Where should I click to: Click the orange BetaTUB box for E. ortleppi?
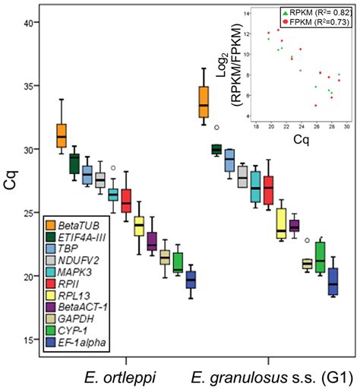pyautogui.click(x=62, y=135)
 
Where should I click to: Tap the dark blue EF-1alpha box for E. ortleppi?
pyautogui.click(x=191, y=279)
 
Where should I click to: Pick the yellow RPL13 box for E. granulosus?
pyautogui.click(x=281, y=223)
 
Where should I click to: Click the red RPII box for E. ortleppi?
pyautogui.click(x=126, y=201)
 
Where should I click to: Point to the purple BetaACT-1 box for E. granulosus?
pyautogui.click(x=294, y=226)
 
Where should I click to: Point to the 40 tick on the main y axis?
pyautogui.click(x=29, y=24)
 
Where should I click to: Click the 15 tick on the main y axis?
pyautogui.click(x=29, y=340)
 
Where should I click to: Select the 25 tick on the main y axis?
pyautogui.click(x=29, y=214)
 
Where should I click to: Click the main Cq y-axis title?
pyautogui.click(x=10, y=182)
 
